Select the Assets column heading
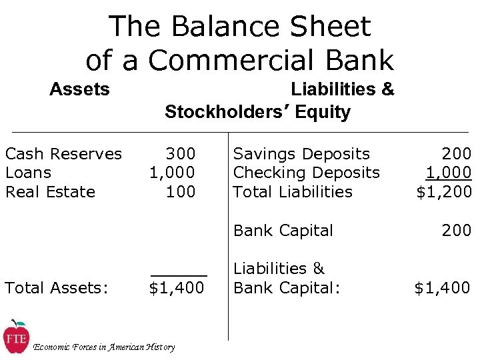pos(79,89)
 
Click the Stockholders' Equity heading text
pos(257,112)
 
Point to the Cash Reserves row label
pos(63,154)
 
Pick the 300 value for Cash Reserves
pos(180,154)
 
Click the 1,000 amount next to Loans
pos(172,173)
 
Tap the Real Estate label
pos(50,192)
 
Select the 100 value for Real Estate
pos(180,192)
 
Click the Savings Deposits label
pos(301,154)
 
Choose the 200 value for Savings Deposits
pos(456,154)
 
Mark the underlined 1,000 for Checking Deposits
pos(449,173)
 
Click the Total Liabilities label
pos(293,192)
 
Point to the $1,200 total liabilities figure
pos(444,192)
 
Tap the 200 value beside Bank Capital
pos(456,231)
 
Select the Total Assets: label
pos(56,288)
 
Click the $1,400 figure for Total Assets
pos(177,288)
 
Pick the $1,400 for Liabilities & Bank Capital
pos(442,288)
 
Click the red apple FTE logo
pos(15,337)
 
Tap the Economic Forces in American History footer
pos(104,347)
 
